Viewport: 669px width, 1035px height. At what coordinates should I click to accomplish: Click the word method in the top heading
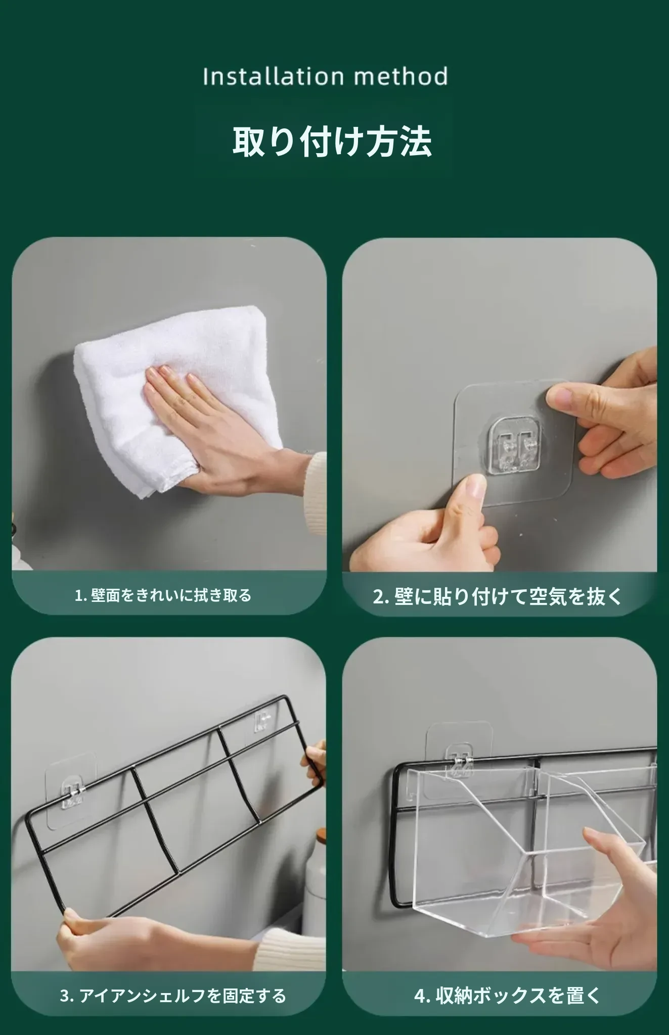coord(401,76)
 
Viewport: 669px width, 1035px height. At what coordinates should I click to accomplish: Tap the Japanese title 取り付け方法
coord(332,142)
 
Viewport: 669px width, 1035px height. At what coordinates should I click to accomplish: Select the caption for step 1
coord(163,595)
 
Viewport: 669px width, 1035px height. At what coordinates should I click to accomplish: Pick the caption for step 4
coord(507,996)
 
